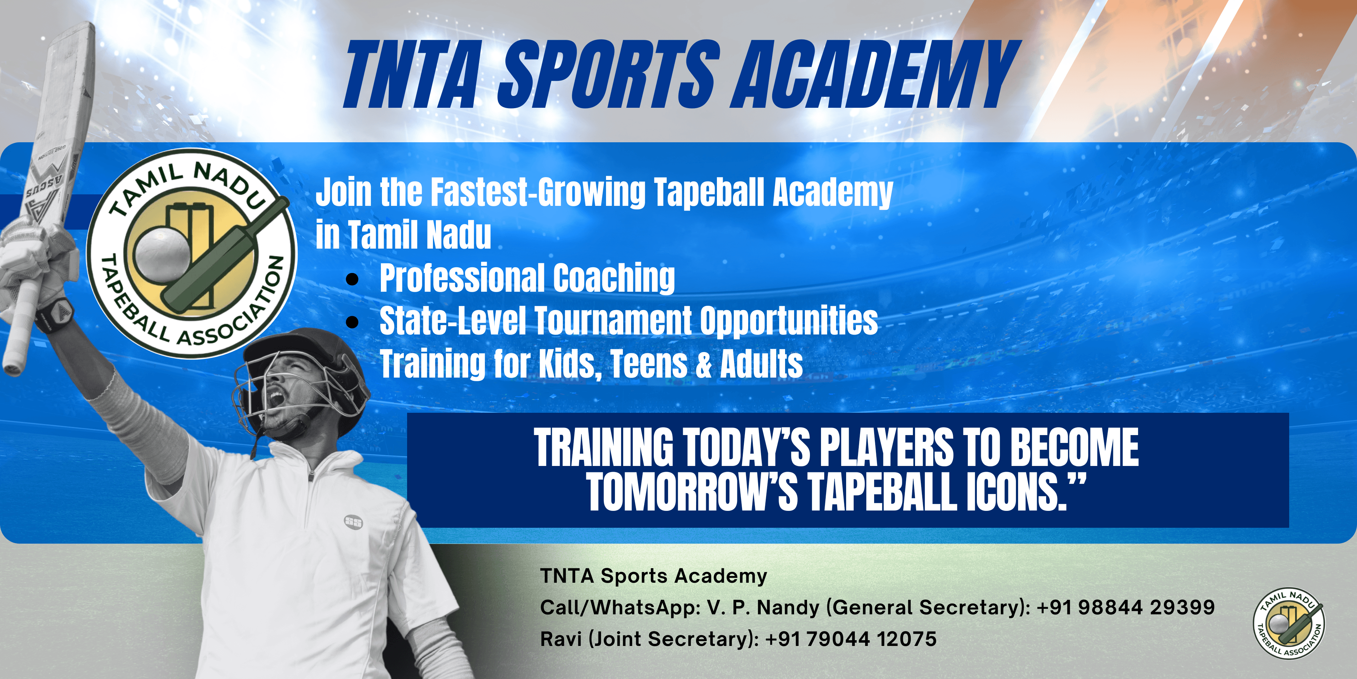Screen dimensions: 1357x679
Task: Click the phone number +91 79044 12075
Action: pyautogui.click(x=851, y=639)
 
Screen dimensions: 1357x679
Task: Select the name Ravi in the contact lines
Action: pyautogui.click(x=560, y=639)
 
